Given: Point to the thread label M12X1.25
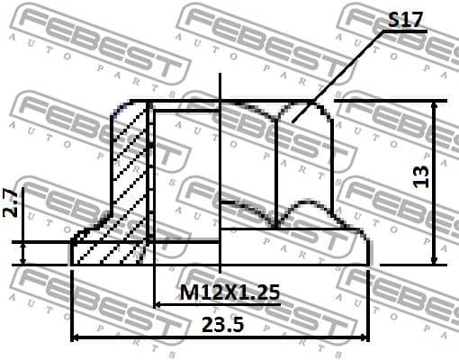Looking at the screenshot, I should point(229,292).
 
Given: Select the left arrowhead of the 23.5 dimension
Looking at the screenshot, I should point(76,338).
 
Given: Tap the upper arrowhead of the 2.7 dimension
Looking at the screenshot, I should point(24,236).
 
